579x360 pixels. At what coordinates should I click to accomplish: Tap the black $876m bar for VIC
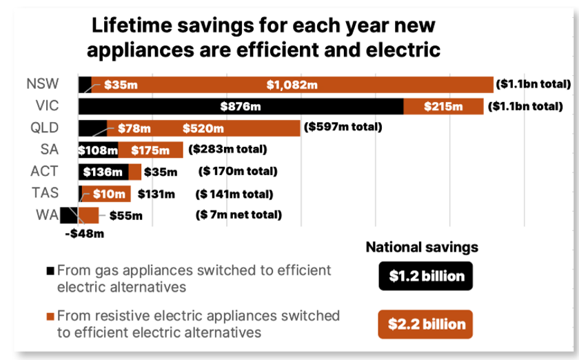tap(241, 107)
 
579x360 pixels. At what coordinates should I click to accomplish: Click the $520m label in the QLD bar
tap(203, 128)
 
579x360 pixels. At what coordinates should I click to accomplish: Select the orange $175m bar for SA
tap(150, 150)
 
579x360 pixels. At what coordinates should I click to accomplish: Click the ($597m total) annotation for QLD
tap(343, 128)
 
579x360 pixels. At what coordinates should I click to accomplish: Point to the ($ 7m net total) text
tap(238, 214)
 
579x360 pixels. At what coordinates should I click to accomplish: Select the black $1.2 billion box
tap(425, 277)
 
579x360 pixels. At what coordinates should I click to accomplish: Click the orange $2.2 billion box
tap(425, 323)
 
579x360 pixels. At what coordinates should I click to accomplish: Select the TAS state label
tap(46, 193)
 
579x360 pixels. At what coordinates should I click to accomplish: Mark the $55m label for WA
tap(126, 215)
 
